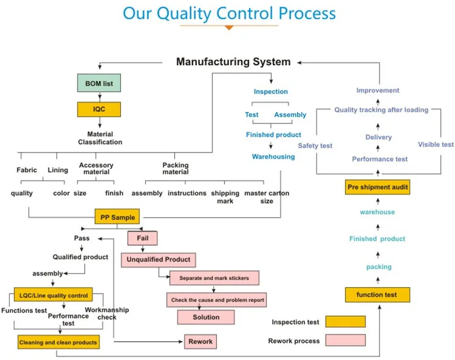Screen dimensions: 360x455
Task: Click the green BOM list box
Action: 99,82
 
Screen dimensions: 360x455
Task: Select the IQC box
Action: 99,109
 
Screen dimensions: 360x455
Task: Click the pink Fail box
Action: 142,238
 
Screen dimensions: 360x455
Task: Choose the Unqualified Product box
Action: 158,260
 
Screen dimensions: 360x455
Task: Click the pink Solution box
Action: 206,317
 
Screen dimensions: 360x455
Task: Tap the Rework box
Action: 200,341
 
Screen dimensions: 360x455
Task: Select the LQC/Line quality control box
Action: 53,296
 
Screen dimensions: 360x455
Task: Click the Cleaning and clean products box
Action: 58,342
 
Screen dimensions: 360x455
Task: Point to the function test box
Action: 377,295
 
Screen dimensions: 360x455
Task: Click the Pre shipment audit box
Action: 377,187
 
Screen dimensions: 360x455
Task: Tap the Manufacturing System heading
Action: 233,62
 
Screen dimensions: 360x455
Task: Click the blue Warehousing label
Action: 273,156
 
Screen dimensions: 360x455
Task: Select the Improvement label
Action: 377,91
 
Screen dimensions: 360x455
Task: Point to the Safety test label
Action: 315,145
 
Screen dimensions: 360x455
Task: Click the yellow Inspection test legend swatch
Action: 345,321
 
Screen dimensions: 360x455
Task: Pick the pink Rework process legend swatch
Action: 345,341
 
